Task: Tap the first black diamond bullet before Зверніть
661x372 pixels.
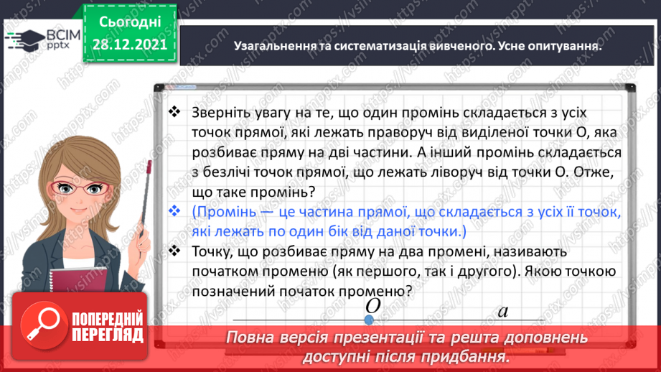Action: (174, 113)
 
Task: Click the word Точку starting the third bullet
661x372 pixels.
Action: (212, 252)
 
